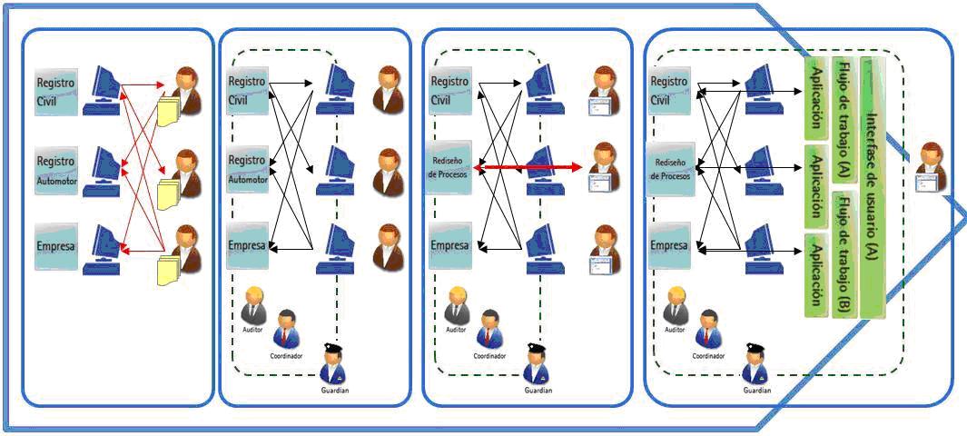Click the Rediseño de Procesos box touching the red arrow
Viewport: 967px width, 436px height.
(x=449, y=167)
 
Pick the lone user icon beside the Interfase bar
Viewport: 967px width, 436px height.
(x=932, y=167)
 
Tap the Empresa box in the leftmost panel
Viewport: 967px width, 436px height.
(x=56, y=245)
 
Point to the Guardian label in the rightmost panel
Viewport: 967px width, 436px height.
(x=756, y=389)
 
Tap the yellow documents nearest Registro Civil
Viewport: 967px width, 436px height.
(x=169, y=111)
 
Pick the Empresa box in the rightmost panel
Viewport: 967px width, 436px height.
(x=670, y=245)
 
